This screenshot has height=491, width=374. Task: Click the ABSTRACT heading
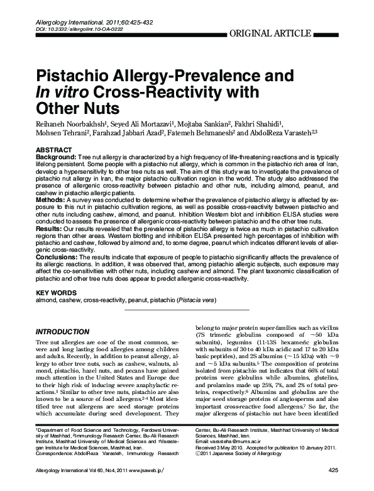tap(53, 149)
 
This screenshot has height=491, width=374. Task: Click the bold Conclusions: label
tap(58, 257)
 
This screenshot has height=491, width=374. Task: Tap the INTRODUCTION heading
tap(63, 331)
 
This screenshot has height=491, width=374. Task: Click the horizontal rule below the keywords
tap(187, 310)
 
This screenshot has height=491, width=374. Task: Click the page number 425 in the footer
tap(333, 470)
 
